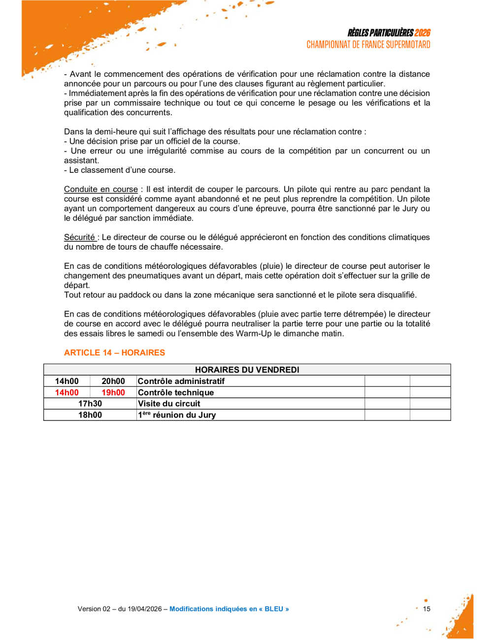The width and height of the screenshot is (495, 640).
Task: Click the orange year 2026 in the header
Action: [x=422, y=33]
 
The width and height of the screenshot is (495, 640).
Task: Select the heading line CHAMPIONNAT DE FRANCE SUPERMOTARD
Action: [x=368, y=45]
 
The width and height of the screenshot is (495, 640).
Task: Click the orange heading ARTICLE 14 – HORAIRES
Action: [x=114, y=352]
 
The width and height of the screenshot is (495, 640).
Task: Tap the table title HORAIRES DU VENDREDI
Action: [x=247, y=370]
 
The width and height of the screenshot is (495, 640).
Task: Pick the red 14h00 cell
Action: [x=66, y=392]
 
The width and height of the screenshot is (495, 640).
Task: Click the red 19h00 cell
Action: [x=113, y=392]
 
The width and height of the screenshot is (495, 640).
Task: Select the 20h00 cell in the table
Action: [x=113, y=381]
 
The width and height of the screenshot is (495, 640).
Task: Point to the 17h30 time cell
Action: [x=90, y=404]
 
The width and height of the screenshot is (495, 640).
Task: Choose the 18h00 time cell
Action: [x=90, y=415]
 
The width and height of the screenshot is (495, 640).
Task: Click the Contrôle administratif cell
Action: [x=181, y=381]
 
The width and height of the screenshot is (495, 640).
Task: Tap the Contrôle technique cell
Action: [x=176, y=392]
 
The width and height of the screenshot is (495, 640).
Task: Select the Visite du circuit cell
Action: [x=169, y=404]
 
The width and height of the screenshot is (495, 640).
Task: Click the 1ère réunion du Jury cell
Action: [x=177, y=415]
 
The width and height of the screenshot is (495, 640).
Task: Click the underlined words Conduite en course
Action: [x=101, y=190]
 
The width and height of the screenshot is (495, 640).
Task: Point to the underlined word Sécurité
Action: [x=79, y=237]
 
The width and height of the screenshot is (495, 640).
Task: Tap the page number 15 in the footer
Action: [x=427, y=609]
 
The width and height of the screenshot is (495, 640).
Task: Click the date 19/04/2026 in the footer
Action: [x=144, y=609]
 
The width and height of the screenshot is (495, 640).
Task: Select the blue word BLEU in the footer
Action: [x=274, y=609]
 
